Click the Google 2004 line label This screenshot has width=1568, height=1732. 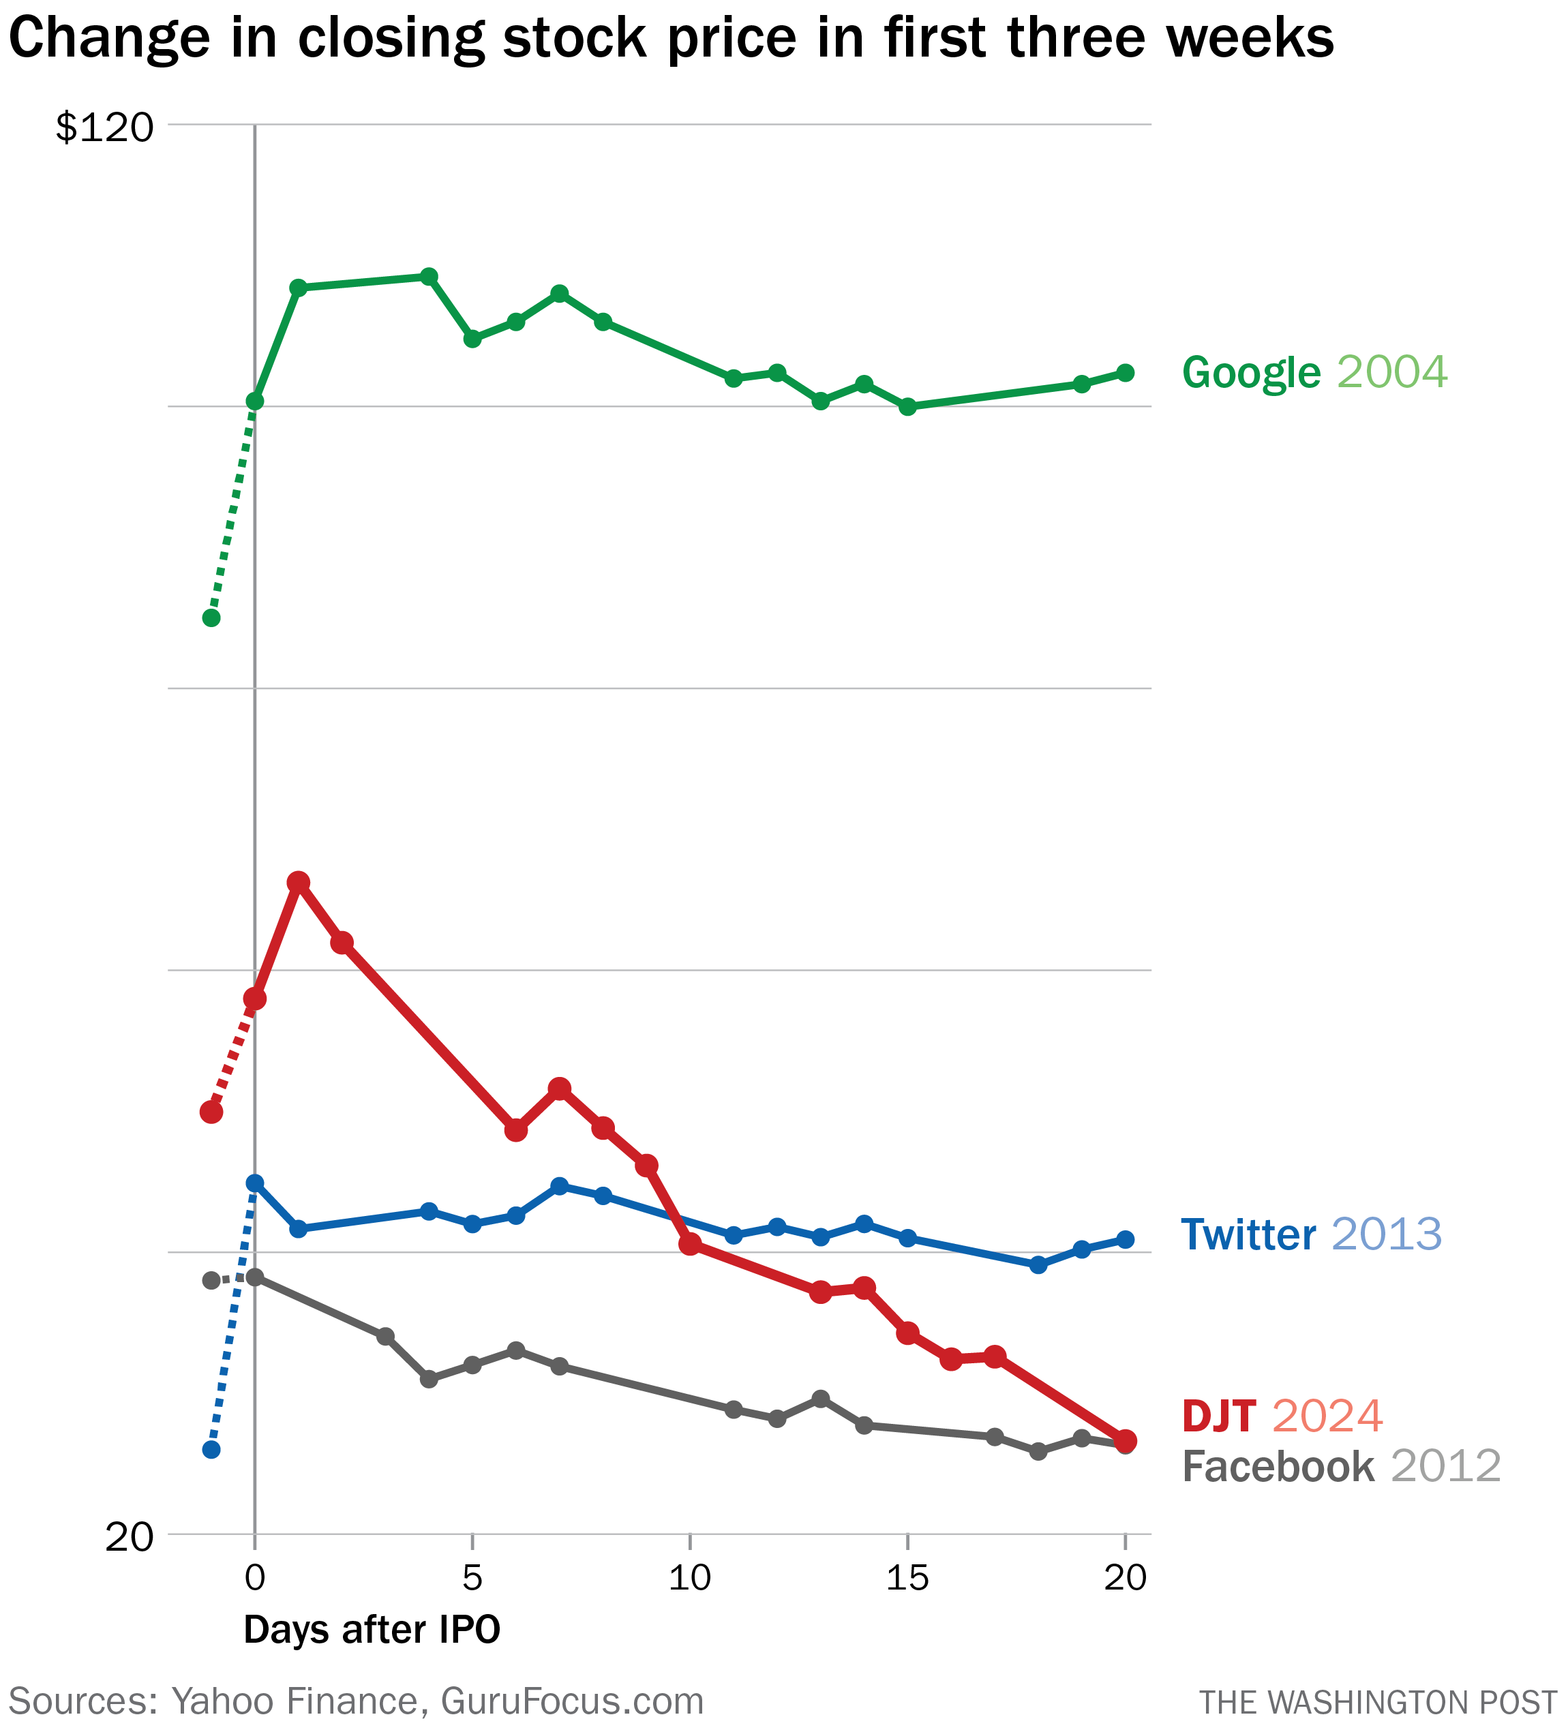[1314, 373]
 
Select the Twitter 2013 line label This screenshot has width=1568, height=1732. [1310, 1234]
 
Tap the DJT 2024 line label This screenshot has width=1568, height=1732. [1282, 1416]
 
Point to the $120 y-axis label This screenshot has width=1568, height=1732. [105, 128]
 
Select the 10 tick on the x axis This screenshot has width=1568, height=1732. [689, 1578]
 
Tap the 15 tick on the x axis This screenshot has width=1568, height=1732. [907, 1578]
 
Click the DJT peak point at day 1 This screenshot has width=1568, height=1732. [298, 882]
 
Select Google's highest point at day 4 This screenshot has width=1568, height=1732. [429, 277]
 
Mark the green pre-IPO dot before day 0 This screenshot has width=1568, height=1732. [211, 618]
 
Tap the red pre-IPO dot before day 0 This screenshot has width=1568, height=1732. [211, 1112]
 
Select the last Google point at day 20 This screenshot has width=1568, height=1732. [1126, 373]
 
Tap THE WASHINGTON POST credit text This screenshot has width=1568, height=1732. [1377, 1703]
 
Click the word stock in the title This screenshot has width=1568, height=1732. [574, 39]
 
